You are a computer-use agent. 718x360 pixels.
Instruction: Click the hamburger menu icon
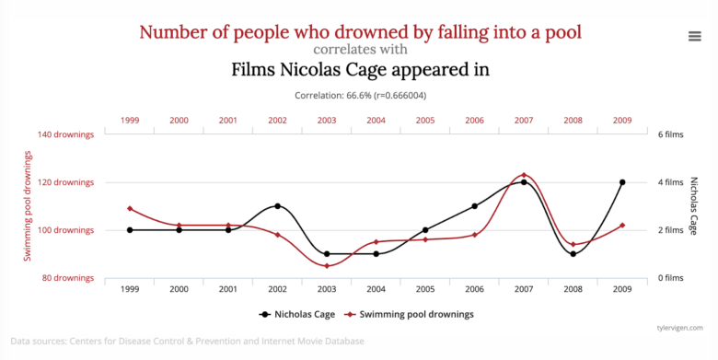(x=695, y=36)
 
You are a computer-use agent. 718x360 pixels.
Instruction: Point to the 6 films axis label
(x=668, y=134)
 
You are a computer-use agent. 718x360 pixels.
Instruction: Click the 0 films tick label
(x=668, y=278)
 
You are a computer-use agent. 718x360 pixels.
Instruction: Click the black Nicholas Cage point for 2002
(x=277, y=206)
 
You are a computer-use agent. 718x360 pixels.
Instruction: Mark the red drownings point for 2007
(x=524, y=175)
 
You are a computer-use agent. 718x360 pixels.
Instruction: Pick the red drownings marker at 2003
(x=327, y=266)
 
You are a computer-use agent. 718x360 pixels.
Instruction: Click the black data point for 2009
(x=622, y=182)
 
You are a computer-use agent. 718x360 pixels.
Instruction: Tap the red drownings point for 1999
(x=130, y=209)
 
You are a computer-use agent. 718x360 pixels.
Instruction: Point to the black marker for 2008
(x=573, y=254)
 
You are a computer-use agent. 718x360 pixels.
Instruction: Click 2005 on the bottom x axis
(x=425, y=289)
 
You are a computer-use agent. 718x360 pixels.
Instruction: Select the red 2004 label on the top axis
(x=376, y=121)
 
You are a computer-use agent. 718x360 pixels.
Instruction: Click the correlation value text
(x=360, y=95)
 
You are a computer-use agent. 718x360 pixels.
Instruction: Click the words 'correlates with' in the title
(x=360, y=50)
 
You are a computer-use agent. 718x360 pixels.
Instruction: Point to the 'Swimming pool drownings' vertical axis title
(x=28, y=206)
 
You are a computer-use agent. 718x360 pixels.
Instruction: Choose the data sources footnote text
(x=188, y=342)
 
